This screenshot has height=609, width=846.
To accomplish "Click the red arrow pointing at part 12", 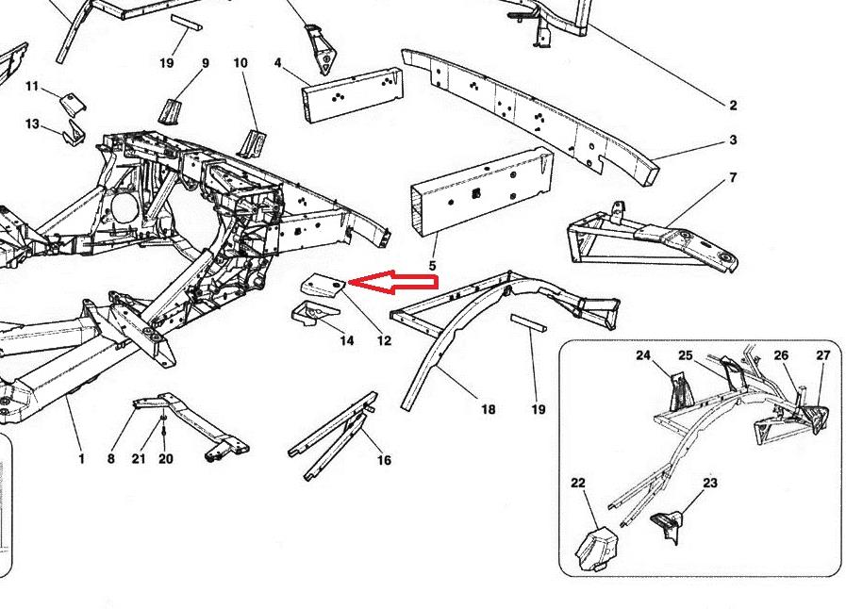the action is [394, 282].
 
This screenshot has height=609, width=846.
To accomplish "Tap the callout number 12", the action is [384, 341].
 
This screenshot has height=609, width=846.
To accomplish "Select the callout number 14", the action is [346, 340].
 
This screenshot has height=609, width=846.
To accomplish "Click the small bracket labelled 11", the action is [72, 103].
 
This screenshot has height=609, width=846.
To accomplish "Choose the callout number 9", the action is [205, 63].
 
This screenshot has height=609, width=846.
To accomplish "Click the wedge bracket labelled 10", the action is [254, 143].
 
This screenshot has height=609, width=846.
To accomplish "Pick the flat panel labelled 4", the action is [353, 94].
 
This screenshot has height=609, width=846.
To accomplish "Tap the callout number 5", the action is [432, 266].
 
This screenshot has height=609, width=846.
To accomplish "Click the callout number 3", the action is [733, 140].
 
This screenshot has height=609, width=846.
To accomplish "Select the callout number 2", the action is [733, 106].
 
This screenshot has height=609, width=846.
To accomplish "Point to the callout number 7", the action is [733, 177].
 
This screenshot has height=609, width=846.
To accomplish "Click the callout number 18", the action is [488, 409].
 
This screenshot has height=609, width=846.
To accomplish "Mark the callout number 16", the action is [384, 460].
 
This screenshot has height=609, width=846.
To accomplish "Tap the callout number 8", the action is [111, 458].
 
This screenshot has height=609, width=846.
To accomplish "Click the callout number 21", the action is [139, 458].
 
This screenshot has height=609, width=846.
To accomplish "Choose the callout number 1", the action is [81, 458].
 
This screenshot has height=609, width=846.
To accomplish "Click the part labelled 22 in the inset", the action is [595, 549].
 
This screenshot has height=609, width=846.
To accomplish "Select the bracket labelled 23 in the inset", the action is [668, 526].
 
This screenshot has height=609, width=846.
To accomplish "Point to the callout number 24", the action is [643, 355].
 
